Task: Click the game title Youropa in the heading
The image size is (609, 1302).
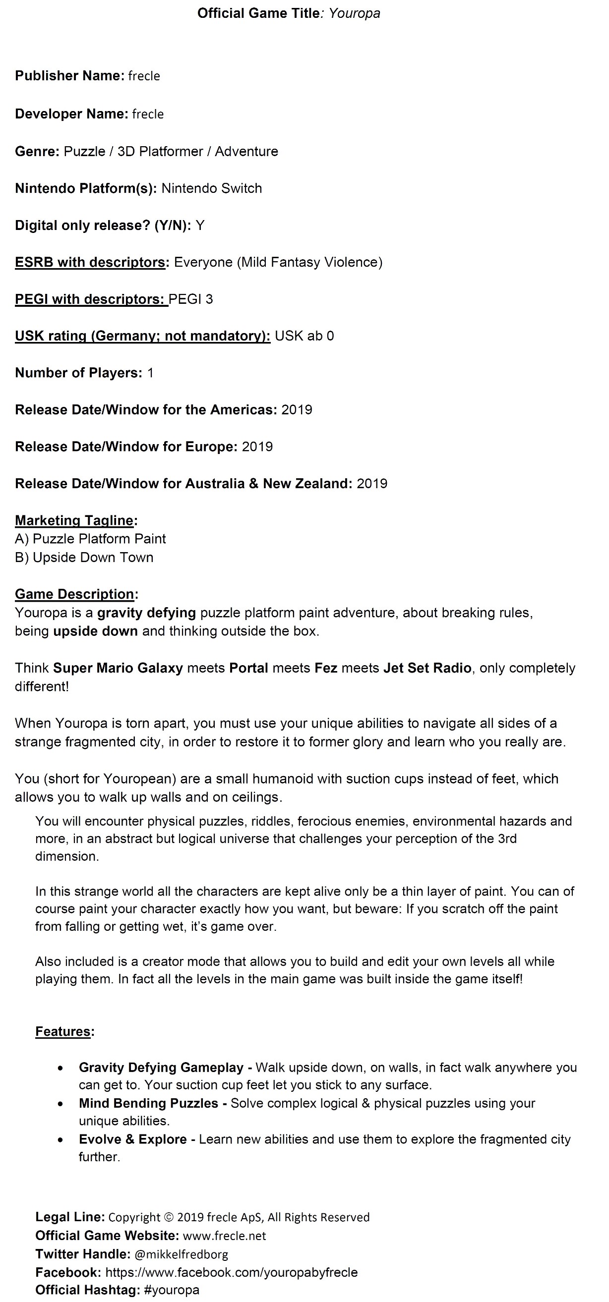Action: tap(354, 13)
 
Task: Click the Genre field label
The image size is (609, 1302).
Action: tap(37, 151)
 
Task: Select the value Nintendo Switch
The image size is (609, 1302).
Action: tap(211, 188)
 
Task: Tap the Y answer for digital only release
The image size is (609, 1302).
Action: tap(200, 225)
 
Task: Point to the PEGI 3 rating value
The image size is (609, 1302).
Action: tap(191, 299)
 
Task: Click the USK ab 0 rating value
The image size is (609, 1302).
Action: tap(304, 336)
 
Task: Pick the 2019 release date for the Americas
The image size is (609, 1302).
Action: tap(297, 410)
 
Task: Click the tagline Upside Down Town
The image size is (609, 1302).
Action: tap(93, 558)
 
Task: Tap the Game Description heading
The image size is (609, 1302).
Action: tap(75, 594)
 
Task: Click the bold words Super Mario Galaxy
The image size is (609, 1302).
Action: tap(118, 668)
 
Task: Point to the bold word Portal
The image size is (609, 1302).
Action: tap(248, 668)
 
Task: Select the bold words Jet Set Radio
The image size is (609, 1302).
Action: tap(427, 668)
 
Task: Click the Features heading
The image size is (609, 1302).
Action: tap(63, 1031)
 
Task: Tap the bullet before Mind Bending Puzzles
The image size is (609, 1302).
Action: tap(61, 1103)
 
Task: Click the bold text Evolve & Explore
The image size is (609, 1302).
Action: tap(133, 1139)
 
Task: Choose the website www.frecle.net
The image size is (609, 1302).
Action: tap(224, 1236)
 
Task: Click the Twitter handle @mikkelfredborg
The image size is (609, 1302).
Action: tap(182, 1254)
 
